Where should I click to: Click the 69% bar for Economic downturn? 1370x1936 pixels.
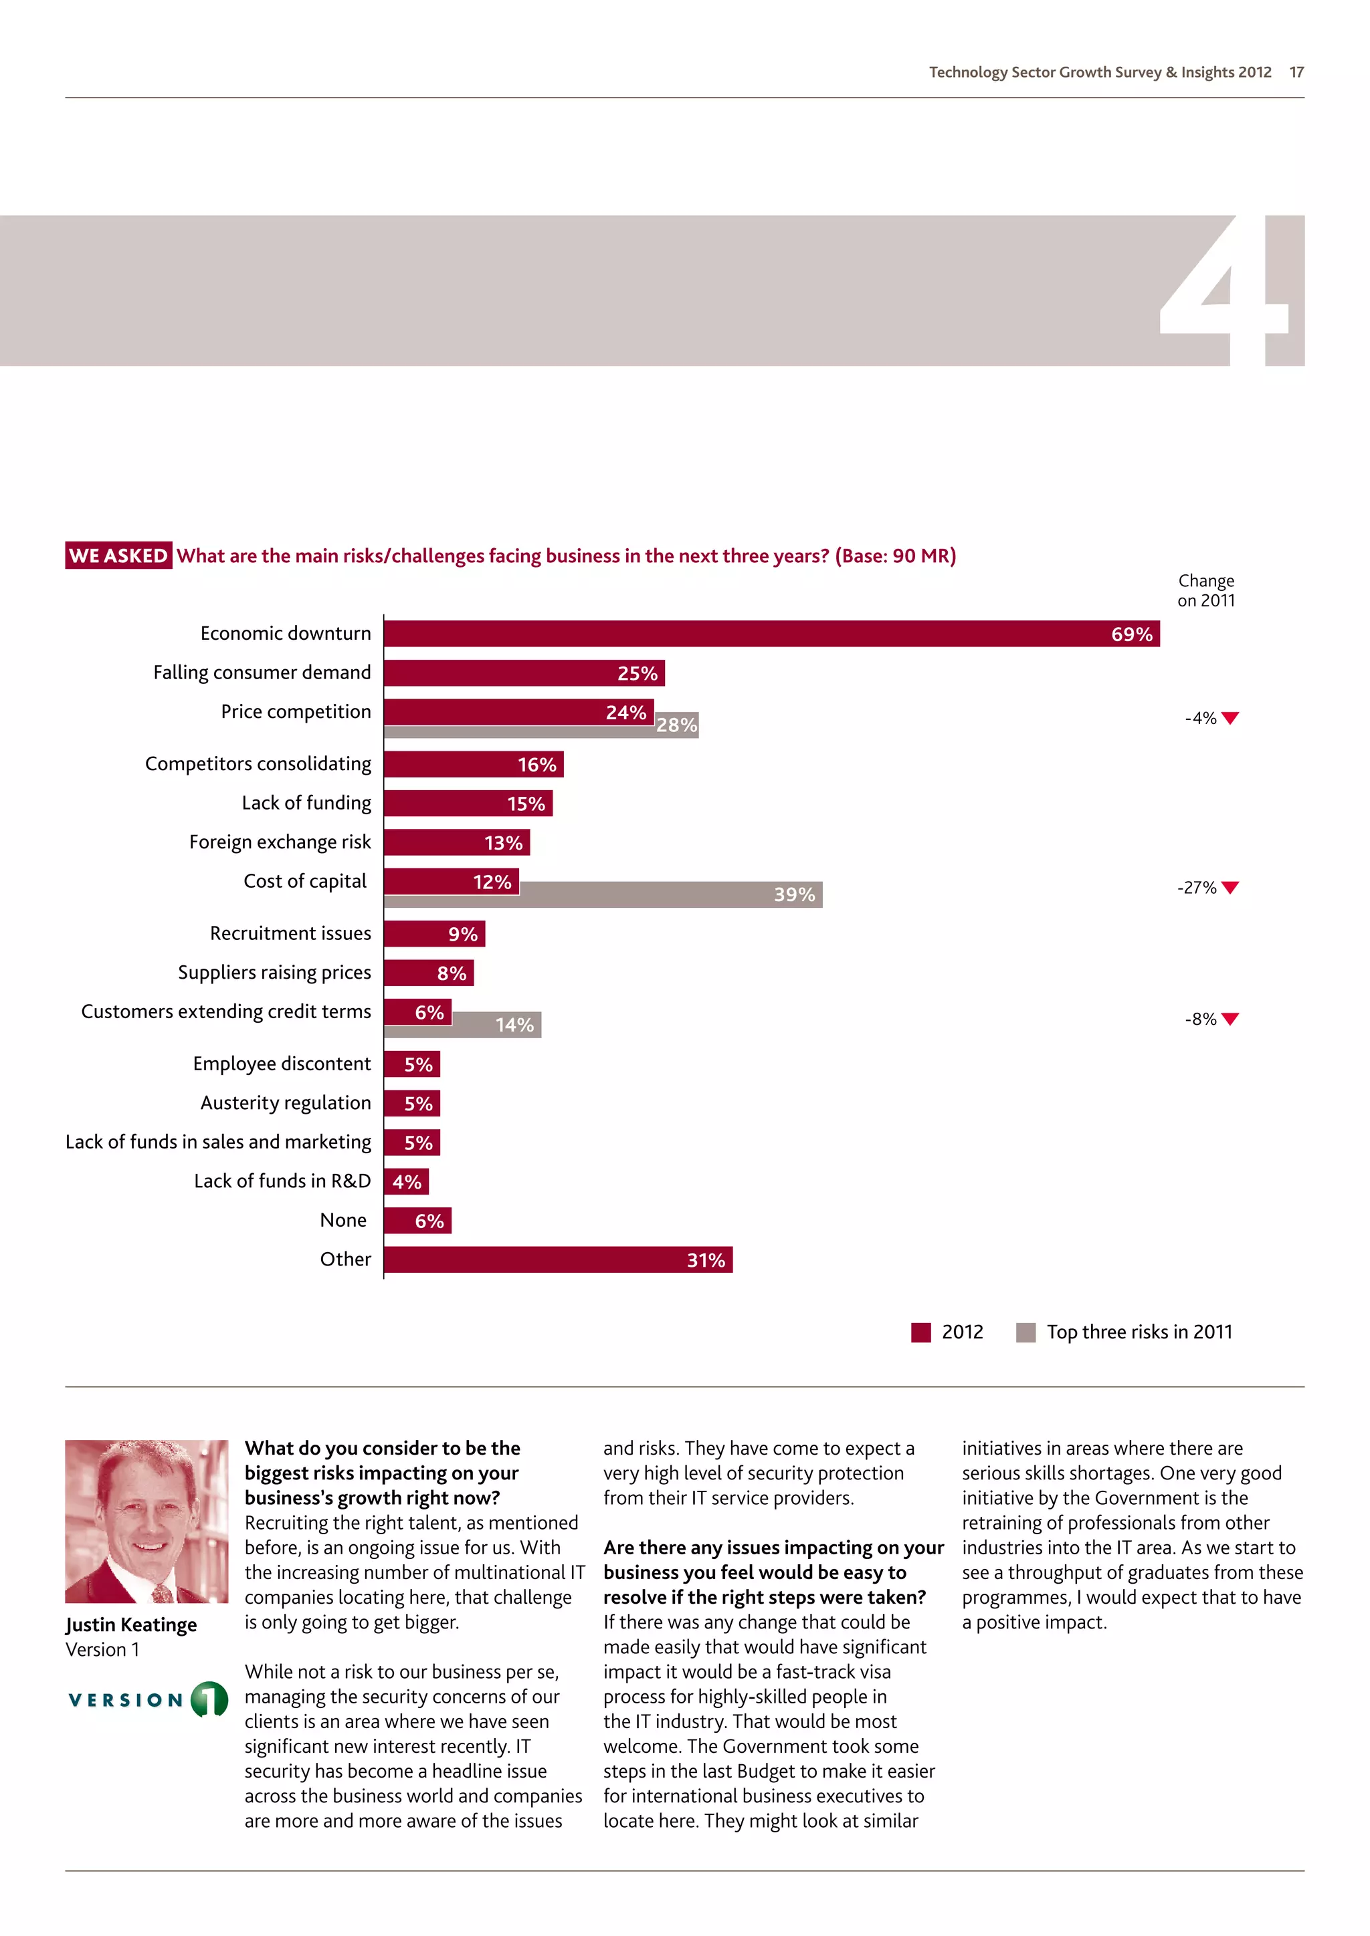pos(771,633)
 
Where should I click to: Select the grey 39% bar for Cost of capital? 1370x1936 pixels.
pos(671,894)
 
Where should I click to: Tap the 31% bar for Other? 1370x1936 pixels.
pos(558,1259)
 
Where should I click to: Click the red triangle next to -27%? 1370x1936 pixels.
pos(1230,887)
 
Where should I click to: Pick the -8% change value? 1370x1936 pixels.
pos(1199,1019)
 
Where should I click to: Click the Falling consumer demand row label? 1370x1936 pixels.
pos(262,672)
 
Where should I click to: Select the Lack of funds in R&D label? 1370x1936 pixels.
pos(282,1181)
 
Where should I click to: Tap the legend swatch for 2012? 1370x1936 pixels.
pos(920,1332)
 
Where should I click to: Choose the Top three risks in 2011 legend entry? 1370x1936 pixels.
pos(1138,1332)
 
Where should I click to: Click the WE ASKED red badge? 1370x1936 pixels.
pos(118,556)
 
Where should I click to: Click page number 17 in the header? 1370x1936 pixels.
pos(1296,72)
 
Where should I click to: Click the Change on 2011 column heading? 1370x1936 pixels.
pos(1205,590)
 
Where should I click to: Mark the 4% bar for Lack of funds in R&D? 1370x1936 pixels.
pos(406,1181)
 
